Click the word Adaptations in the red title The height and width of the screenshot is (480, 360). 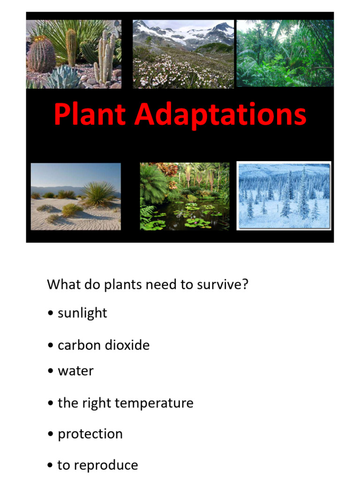coord(221,115)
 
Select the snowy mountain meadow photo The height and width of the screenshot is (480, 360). coord(183,53)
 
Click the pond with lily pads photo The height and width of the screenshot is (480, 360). coord(185,196)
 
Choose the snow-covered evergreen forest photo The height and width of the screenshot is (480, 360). coord(284,195)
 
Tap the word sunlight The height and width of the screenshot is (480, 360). coord(82,313)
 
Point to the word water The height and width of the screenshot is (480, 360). coord(75,371)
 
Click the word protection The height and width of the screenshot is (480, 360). coord(90,434)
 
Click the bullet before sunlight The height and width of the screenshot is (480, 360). coord(50,313)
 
